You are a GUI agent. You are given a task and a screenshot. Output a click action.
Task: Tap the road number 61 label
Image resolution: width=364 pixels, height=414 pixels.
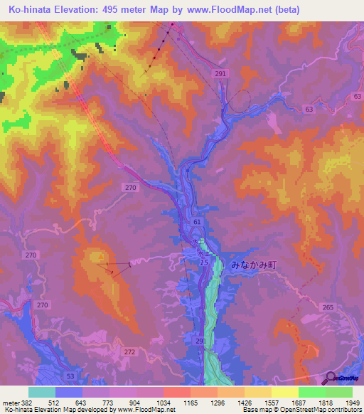pos(197,223)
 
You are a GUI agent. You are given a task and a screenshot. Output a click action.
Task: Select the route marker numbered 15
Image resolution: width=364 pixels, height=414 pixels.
pos(204,263)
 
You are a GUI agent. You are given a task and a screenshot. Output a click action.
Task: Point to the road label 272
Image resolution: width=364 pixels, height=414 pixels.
pos(129,352)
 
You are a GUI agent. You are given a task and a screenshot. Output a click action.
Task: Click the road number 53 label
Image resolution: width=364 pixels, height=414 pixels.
pos(70,374)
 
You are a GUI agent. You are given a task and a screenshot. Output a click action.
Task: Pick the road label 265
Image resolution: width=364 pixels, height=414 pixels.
pos(327,307)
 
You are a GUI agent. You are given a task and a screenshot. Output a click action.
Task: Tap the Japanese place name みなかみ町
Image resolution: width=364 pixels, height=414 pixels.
pos(252,264)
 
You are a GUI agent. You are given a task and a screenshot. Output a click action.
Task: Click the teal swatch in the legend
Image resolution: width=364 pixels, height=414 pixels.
pos(42,392)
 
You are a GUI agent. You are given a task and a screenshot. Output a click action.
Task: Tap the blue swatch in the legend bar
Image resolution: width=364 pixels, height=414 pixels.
pos(69,392)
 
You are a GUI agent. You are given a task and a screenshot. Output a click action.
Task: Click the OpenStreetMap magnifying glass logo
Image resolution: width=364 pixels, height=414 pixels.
pos(330,378)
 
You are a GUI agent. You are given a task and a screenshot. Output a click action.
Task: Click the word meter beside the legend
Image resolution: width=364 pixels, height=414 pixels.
pos(12,403)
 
